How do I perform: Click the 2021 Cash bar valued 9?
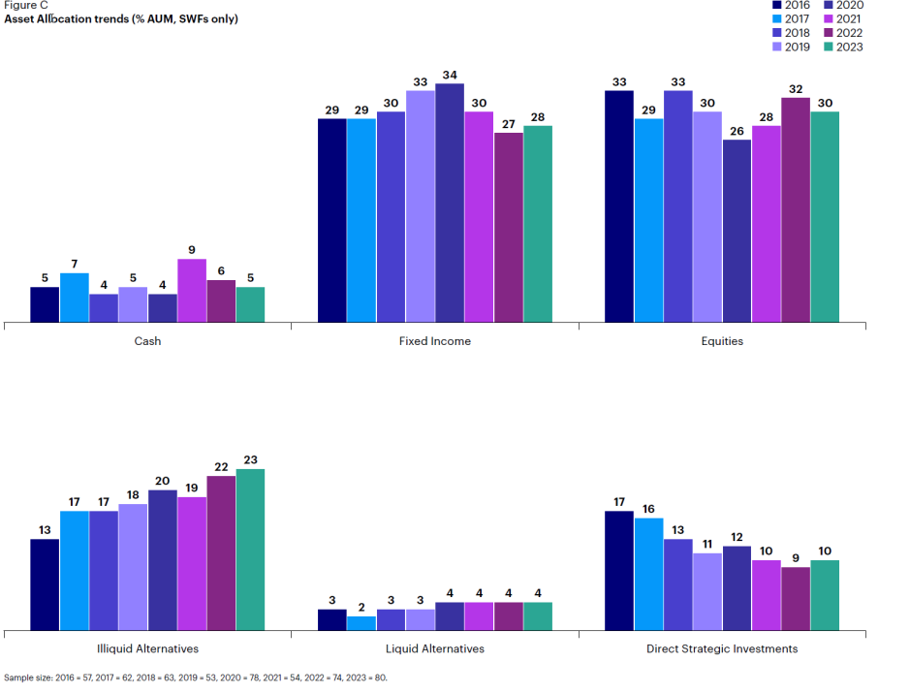pyautogui.click(x=191, y=290)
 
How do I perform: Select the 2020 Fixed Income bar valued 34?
pyautogui.click(x=450, y=203)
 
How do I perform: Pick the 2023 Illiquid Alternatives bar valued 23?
pyautogui.click(x=250, y=549)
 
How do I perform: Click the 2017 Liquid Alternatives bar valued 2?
pyautogui.click(x=361, y=622)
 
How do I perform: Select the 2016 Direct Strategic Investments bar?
pyautogui.click(x=619, y=570)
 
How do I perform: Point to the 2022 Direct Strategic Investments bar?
pyautogui.click(x=795, y=598)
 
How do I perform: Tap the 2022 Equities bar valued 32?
pyautogui.click(x=795, y=209)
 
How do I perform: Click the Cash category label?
pyautogui.click(x=147, y=341)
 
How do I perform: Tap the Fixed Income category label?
pyautogui.click(x=435, y=341)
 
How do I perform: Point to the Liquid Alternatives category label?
pyautogui.click(x=435, y=648)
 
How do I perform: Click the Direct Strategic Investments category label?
pyautogui.click(x=722, y=648)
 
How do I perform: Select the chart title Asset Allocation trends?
pyautogui.click(x=121, y=19)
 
